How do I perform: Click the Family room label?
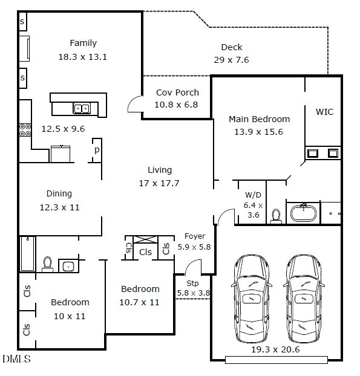(x=83, y=43)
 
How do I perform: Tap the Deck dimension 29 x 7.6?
(x=231, y=60)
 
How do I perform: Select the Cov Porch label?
(x=177, y=92)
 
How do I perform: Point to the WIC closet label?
(x=324, y=112)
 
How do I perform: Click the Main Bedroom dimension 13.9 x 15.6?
(x=259, y=131)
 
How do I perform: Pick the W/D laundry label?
(x=253, y=195)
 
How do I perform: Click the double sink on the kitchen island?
(x=82, y=109)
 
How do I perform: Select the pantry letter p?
(x=96, y=149)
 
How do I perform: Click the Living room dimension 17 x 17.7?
(x=160, y=183)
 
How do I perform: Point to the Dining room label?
(x=59, y=194)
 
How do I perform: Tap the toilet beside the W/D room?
(x=276, y=216)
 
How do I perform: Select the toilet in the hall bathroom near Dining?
(x=47, y=264)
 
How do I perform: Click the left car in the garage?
(x=250, y=299)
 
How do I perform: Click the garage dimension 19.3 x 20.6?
(x=275, y=349)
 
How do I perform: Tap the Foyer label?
(x=195, y=236)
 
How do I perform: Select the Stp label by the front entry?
(x=192, y=283)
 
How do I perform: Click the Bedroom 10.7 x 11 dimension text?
(x=140, y=302)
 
